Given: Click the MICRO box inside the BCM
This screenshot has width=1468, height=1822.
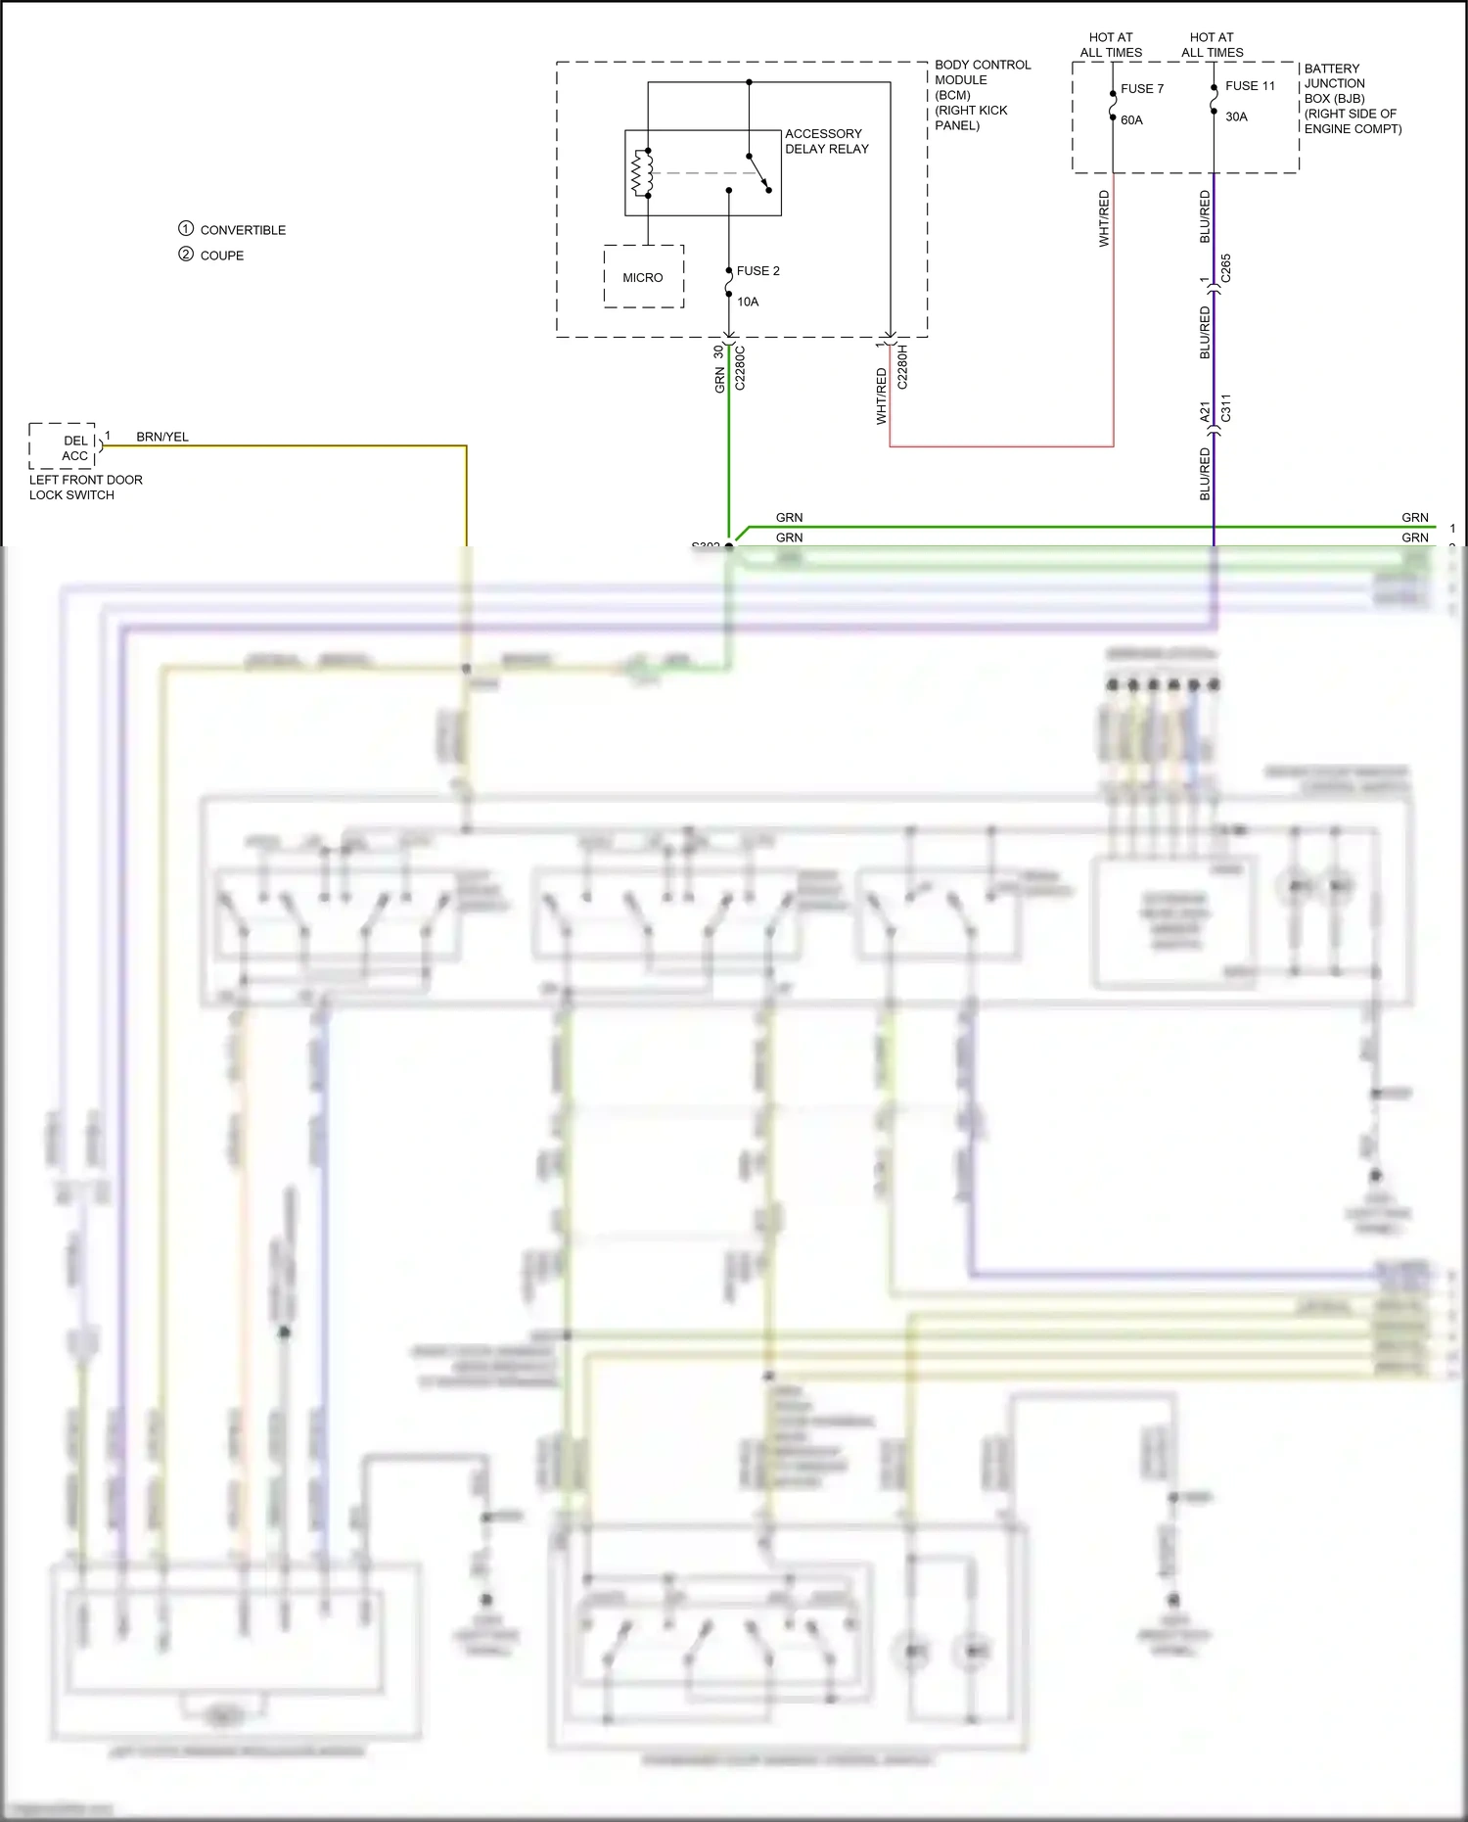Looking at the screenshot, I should tap(643, 277).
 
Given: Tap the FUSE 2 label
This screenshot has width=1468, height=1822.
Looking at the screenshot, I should tap(757, 270).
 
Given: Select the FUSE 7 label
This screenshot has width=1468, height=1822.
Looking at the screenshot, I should tap(1141, 88).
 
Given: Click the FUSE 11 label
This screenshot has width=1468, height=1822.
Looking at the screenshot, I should tap(1250, 85).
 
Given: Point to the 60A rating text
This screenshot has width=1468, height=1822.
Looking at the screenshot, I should tap(1131, 119).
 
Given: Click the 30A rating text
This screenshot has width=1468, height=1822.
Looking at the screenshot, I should tap(1236, 117).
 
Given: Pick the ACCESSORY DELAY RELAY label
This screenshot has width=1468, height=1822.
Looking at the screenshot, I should tap(826, 141).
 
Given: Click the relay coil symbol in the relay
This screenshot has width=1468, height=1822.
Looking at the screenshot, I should tap(642, 173).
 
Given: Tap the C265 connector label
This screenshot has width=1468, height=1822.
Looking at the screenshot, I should tap(1226, 268).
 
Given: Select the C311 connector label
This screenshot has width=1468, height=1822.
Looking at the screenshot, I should tap(1226, 408).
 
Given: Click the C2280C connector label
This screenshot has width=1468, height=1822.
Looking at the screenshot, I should tap(740, 368).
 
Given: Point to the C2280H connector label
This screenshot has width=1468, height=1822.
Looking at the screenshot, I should tap(902, 367).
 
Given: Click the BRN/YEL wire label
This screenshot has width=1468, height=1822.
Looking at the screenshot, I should tap(162, 437).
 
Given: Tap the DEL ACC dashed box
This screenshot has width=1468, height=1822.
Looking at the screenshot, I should tap(64, 447).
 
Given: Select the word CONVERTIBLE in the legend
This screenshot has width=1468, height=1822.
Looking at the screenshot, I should tap(243, 230).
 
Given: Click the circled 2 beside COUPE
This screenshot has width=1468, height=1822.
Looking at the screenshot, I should tap(186, 255).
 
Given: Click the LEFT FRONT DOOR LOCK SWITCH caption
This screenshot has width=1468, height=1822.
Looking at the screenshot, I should tap(85, 487).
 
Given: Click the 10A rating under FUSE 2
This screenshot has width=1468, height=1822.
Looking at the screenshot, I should tap(748, 302).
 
